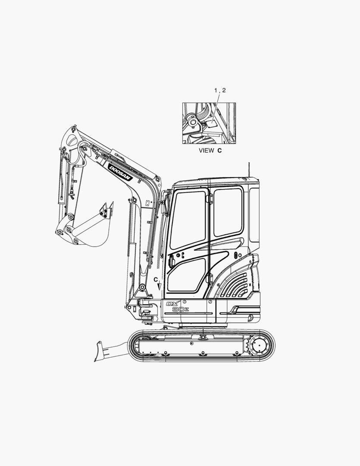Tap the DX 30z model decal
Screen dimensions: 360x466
(x=177, y=306)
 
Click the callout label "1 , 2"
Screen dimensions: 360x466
(x=220, y=90)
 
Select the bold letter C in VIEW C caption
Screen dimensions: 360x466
(x=219, y=151)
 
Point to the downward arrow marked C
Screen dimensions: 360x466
(x=159, y=285)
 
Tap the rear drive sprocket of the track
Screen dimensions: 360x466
(x=259, y=346)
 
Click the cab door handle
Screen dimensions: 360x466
(x=172, y=261)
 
